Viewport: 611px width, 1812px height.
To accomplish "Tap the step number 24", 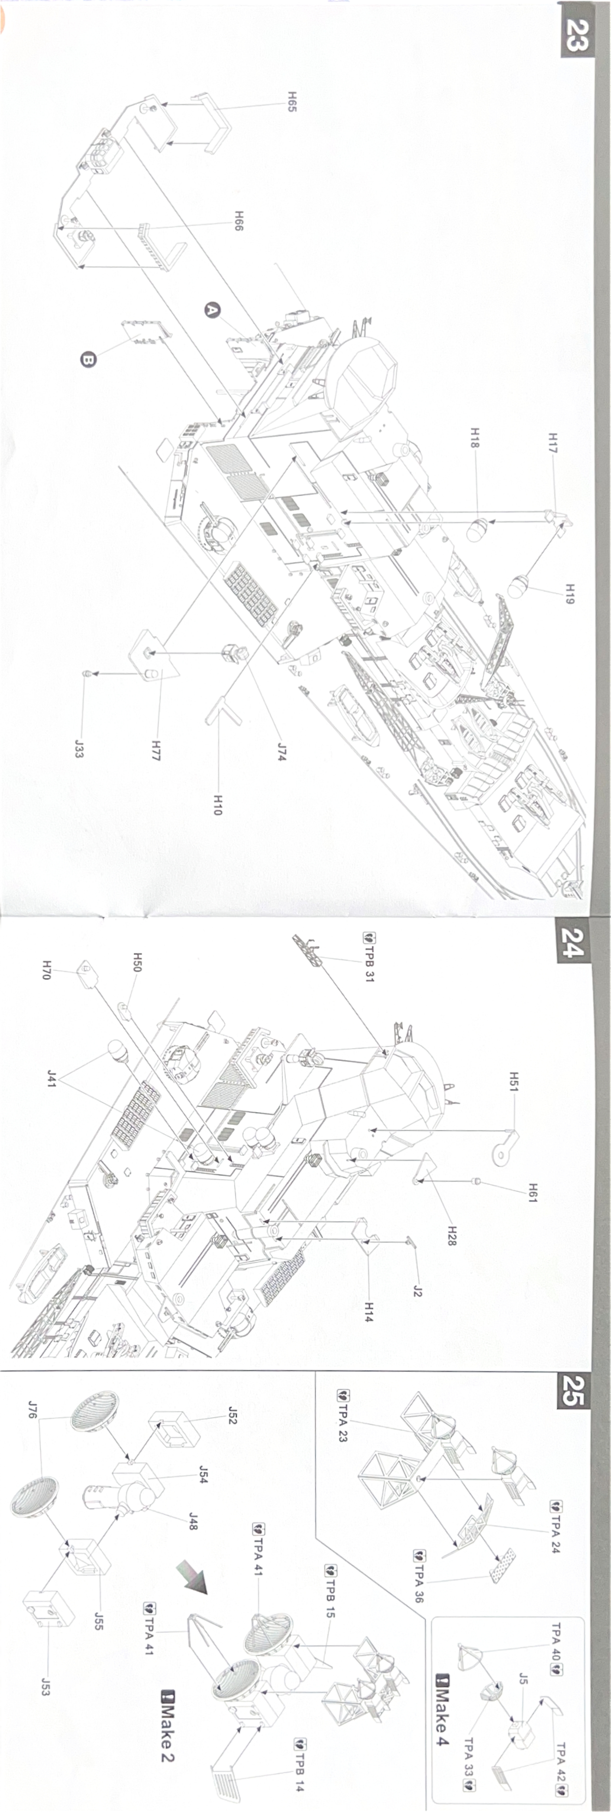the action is pyautogui.click(x=572, y=943).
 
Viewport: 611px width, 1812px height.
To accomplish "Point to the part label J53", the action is pyautogui.click(x=45, y=1686).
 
